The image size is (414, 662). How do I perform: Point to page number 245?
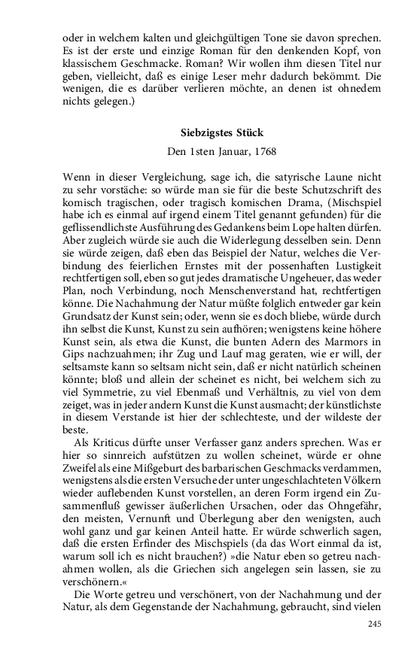(376, 624)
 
